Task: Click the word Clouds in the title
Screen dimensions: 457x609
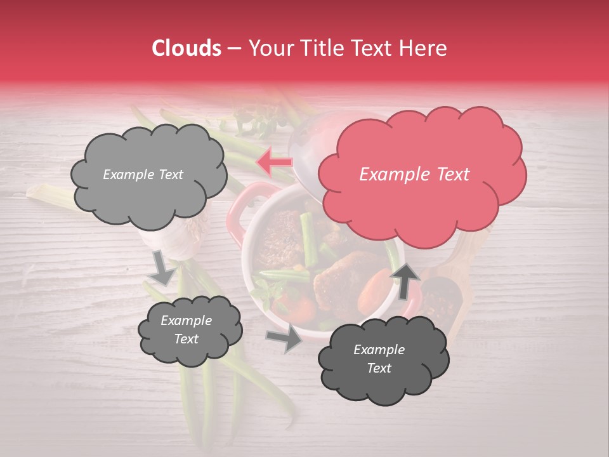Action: coord(187,48)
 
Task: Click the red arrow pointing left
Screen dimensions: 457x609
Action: coord(274,162)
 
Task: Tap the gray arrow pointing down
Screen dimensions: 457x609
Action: coord(162,268)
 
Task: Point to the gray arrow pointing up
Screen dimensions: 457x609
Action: coord(404,279)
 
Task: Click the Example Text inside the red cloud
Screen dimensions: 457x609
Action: coord(414,175)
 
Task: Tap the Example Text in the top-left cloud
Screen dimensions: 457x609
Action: coord(143,175)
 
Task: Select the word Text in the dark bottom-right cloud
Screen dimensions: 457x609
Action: coord(379,368)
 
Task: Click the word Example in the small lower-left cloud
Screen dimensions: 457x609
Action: coord(186,321)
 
